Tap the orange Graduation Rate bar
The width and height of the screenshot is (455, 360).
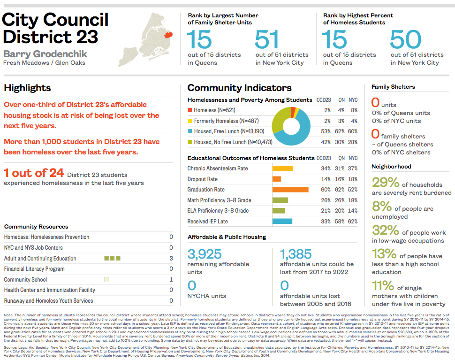click(290, 190)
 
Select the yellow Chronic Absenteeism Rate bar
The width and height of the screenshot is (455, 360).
click(282, 169)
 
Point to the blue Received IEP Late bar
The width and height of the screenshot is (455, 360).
click(282, 222)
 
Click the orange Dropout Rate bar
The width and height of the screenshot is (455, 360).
click(277, 179)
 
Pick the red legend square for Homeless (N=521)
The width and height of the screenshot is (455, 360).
click(190, 110)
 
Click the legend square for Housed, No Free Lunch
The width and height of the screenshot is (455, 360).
click(190, 142)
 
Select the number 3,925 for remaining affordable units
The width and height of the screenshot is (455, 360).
click(205, 255)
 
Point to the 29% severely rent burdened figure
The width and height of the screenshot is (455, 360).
click(386, 183)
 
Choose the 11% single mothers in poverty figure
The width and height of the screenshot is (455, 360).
click(383, 285)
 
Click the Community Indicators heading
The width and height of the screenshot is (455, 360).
click(239, 88)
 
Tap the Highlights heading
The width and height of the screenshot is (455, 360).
click(27, 88)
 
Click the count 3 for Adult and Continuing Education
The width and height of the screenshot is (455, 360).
click(171, 259)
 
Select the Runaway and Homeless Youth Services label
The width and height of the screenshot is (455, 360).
click(48, 301)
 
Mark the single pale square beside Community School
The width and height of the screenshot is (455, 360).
click(106, 280)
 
